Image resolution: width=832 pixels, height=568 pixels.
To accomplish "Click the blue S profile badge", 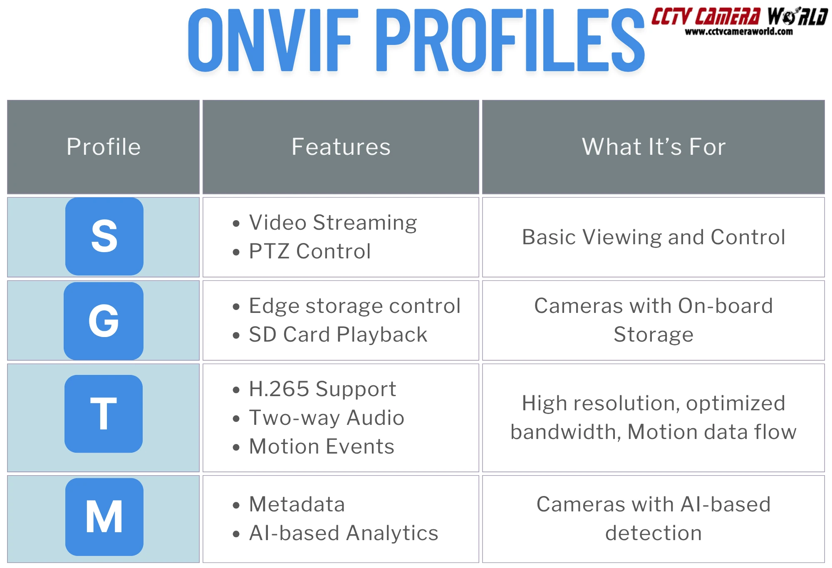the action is (104, 236).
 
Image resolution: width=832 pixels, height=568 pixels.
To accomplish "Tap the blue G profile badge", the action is (104, 321).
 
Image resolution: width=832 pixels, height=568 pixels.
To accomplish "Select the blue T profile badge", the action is (104, 414).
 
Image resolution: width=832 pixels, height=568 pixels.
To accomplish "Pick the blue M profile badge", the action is (104, 517).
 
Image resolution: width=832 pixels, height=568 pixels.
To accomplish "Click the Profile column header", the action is (104, 147).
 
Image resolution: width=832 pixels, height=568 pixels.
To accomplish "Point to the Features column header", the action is (341, 147).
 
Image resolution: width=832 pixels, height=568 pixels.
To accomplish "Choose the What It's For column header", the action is (654, 147).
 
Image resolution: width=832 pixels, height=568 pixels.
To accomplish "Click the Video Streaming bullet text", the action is (333, 223).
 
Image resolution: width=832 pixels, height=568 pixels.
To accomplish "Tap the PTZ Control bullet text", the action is (310, 251).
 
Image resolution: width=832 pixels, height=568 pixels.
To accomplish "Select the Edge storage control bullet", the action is (354, 306).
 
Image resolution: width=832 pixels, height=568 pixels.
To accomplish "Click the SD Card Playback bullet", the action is (338, 335).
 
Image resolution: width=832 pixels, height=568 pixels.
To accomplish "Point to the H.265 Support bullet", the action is (322, 389).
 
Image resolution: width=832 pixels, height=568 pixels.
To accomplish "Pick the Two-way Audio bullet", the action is (327, 418).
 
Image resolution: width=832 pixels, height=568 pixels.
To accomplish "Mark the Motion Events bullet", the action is (321, 446).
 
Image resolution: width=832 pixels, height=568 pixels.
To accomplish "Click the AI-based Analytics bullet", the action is (344, 533).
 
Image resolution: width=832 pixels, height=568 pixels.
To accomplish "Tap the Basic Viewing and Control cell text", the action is (654, 237).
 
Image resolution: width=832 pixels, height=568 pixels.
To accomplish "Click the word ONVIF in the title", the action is (273, 40).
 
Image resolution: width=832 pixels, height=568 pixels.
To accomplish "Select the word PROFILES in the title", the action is (510, 40).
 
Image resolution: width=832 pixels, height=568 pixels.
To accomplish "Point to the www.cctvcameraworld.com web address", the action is (739, 32).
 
